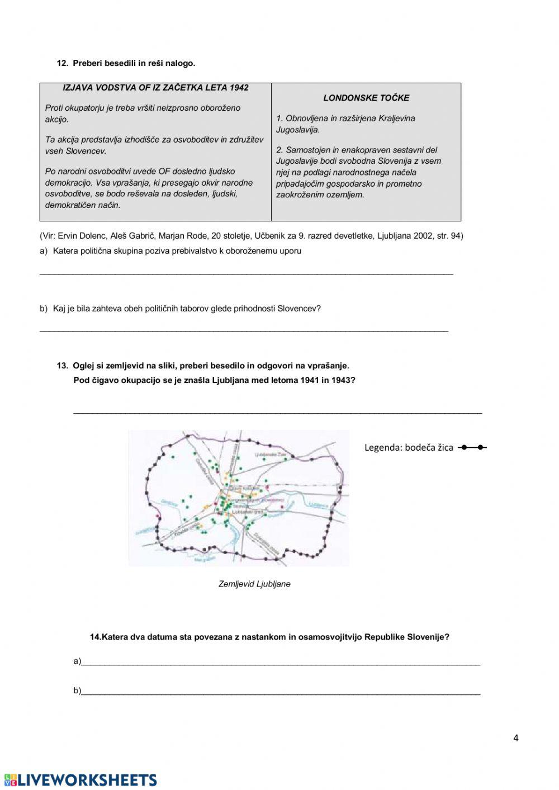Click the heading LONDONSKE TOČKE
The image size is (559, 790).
coord(366,98)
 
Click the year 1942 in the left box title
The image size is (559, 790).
coord(237,88)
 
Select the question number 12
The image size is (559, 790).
coord(62,63)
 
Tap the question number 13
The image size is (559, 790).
coord(62,366)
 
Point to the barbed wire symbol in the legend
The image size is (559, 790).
coord(472,447)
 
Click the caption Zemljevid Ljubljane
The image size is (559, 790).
coord(254,584)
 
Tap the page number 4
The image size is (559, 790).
coord(515,738)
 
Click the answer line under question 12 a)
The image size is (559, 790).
coord(246,273)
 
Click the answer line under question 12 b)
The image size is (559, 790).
coord(244,330)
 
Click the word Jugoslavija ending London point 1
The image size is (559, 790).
coord(297,130)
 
